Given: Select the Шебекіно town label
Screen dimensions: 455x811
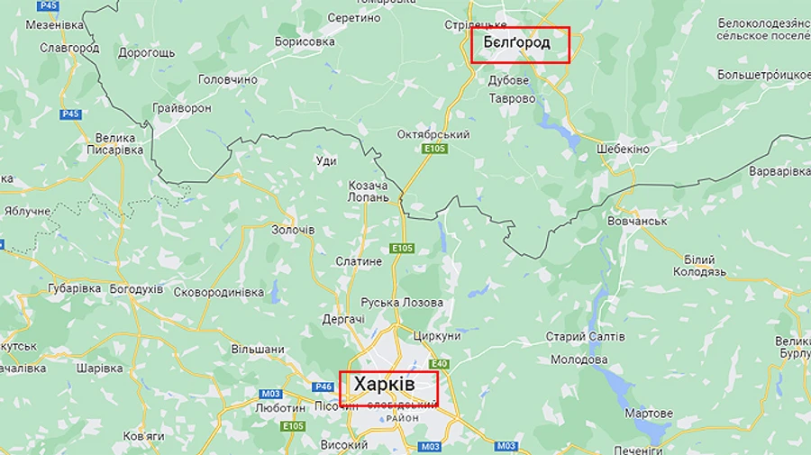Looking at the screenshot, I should (x=623, y=149).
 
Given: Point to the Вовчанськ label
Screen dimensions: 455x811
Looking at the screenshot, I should (x=637, y=221).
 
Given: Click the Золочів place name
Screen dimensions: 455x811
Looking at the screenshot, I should (x=293, y=230).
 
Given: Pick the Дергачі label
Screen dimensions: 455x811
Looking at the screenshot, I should (x=343, y=319).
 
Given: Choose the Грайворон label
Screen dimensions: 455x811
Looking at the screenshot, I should (x=182, y=108).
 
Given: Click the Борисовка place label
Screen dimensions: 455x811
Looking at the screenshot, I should (x=305, y=41).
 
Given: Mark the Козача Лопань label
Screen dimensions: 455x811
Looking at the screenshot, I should (x=369, y=191).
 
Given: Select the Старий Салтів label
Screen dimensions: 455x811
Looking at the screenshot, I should (x=585, y=336).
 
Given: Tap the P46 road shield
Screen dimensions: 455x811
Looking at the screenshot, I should (x=323, y=387).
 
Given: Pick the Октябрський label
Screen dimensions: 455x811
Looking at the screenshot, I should (x=433, y=134).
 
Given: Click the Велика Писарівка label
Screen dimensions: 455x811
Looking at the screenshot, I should (x=114, y=144).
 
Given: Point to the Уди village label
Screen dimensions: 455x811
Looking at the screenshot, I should (x=326, y=161).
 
